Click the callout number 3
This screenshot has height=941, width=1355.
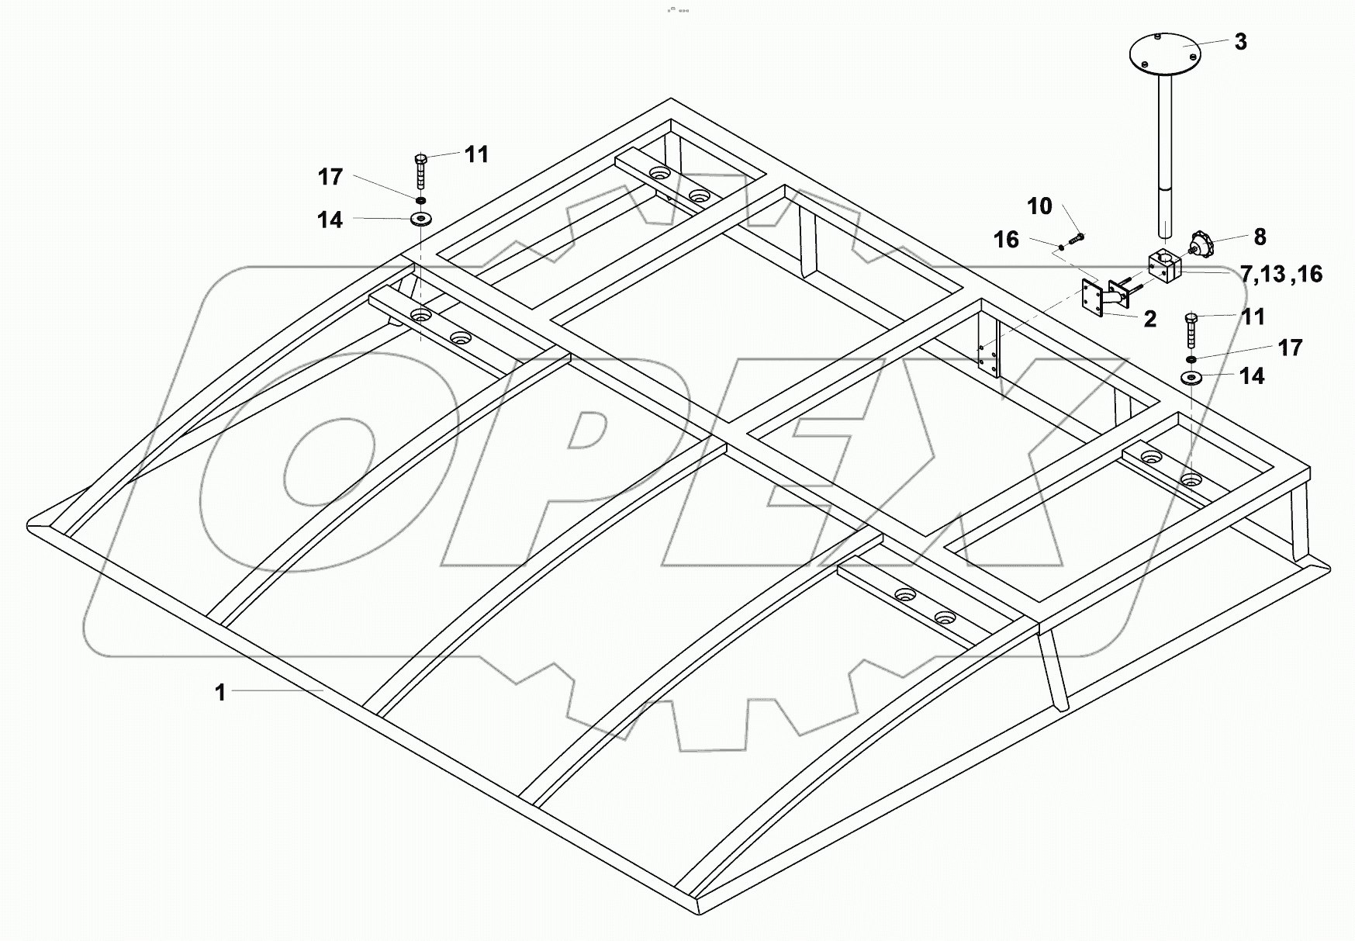[x=1240, y=42]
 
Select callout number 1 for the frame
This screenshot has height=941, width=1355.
[x=220, y=692]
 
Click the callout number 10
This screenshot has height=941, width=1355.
[x=1039, y=206]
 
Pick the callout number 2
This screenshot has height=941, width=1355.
[x=1149, y=318]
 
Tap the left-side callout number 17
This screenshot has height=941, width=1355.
[x=330, y=177]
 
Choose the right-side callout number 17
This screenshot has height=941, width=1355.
[x=1290, y=348]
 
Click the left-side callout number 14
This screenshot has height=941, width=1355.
[x=330, y=220]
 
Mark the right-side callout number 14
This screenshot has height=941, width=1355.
[x=1252, y=376]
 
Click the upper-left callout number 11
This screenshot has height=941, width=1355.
[x=476, y=154]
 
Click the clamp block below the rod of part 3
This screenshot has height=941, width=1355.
[x=1163, y=268]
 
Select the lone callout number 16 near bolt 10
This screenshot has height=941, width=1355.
[x=1007, y=240]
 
